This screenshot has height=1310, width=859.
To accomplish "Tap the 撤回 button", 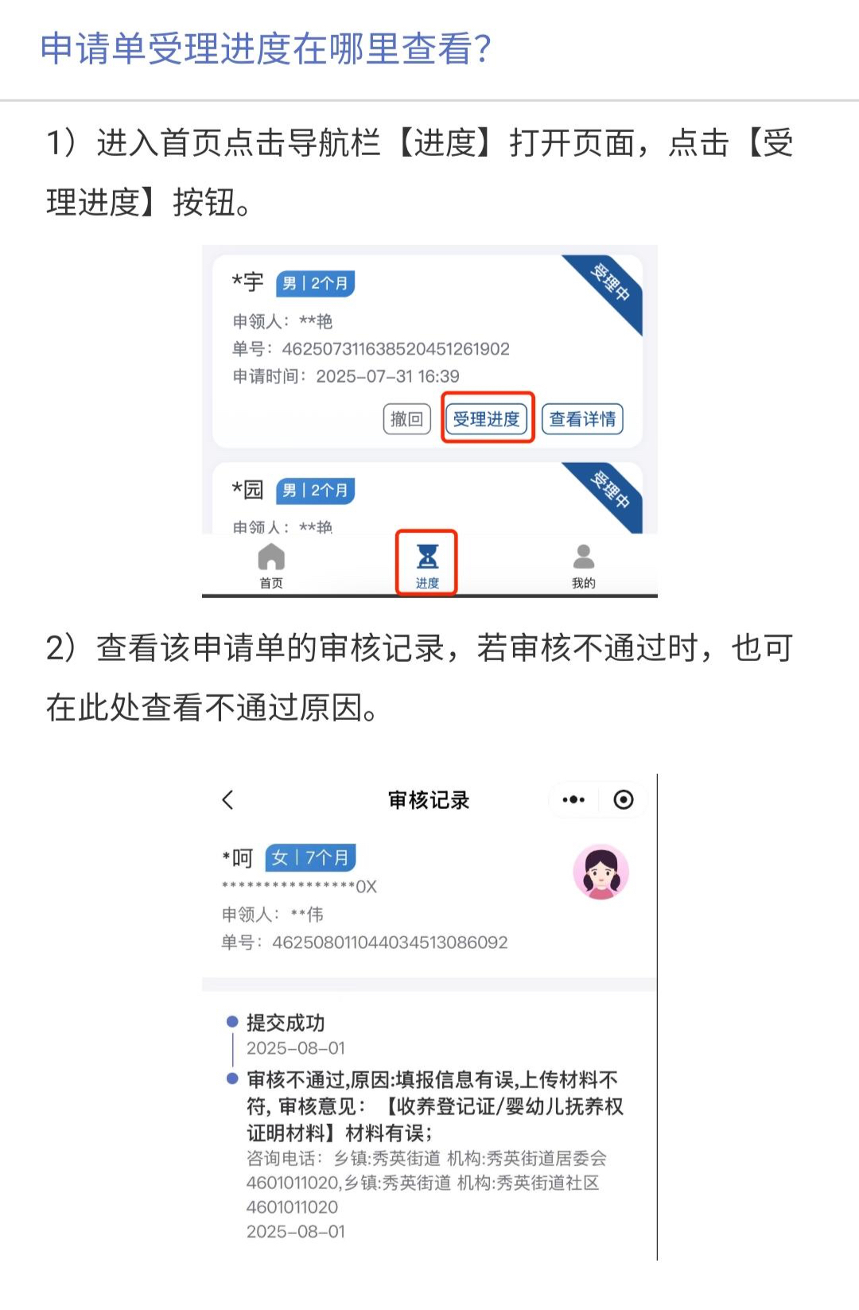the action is pos(407,418).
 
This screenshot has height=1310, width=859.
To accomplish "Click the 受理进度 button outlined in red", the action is pos(487,418).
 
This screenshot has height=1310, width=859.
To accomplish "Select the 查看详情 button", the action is pos(582,418).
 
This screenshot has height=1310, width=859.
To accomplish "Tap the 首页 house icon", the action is pos(271,556).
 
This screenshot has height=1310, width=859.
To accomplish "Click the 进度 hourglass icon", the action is pos(427,556).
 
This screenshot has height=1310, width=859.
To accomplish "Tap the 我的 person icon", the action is pos(584,556).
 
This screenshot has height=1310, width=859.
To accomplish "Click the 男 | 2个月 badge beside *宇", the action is pos(315,284).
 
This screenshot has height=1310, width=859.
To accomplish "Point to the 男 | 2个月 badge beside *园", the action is pos(315,490).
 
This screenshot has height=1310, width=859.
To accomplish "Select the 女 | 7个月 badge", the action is pos(310,858).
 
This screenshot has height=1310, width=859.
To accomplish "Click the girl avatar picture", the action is pos(601,872).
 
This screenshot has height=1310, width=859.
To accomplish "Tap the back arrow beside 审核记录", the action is pos(228,799).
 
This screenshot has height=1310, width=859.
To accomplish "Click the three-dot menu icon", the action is pos(573,799).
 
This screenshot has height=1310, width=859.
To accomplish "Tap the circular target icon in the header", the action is pos(624,799).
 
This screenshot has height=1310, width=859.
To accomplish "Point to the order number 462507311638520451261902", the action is pos(396,349).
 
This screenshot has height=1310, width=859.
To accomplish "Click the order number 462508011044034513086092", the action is pos(390,943).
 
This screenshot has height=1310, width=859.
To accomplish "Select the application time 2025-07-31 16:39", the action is pos(387,376).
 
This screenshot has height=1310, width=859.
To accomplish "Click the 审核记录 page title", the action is pos(429,800).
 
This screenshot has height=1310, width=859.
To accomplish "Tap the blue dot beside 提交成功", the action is pos(232,1022).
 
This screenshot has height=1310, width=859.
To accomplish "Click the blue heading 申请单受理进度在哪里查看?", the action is pos(266,49).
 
